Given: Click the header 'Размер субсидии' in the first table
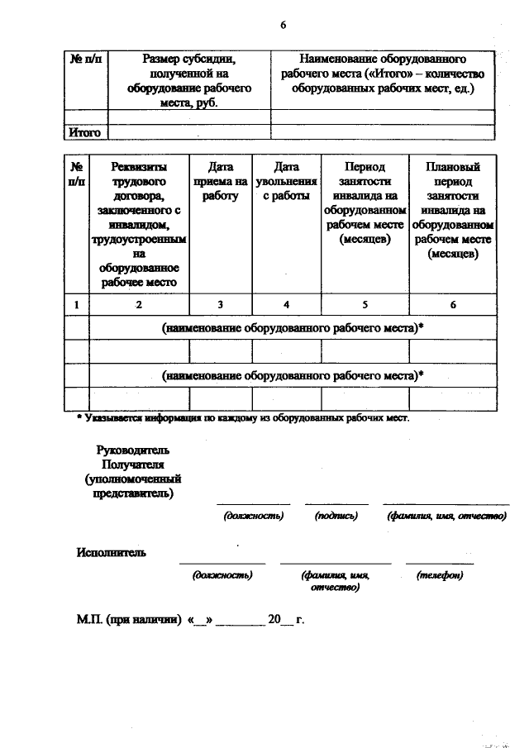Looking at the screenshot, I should tap(189, 60).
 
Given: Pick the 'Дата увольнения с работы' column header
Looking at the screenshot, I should tap(286, 181).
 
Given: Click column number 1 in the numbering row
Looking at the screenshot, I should tap(76, 304).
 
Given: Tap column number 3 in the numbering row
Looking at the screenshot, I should tap(221, 304).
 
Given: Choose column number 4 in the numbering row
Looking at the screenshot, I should tap(286, 304).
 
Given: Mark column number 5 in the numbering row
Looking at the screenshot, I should tap(364, 304).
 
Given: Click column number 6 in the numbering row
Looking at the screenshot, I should tap(453, 304).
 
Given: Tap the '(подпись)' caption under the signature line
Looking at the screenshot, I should tap(336, 516).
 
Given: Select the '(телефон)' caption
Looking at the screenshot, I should tap(440, 574).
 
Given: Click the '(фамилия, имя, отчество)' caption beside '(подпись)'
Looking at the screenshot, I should tap(446, 516).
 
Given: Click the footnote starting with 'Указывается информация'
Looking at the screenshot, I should tap(247, 418).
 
